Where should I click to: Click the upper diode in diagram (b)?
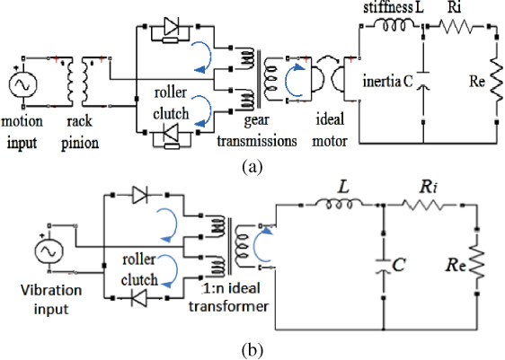click(x=138, y=193)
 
